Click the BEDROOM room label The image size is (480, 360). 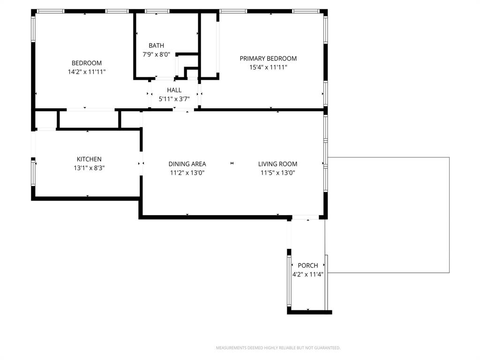86,63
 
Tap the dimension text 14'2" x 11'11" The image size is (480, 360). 86,72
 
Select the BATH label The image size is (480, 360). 157,45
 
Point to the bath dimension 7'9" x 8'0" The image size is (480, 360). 157,54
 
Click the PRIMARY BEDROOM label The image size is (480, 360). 268,59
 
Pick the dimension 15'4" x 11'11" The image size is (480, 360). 268,67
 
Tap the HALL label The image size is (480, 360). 174,90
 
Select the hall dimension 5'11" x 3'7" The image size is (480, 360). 174,99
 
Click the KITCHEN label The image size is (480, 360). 89,159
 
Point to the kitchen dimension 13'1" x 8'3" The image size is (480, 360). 89,168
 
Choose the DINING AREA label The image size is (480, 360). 187,164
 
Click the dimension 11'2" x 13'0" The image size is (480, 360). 187,173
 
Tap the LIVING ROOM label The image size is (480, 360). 277,164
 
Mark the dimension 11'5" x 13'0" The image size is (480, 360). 277,173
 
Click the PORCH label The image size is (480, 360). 308,265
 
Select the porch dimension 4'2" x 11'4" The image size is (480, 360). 308,274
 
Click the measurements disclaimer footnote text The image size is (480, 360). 278,348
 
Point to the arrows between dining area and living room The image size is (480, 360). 232,163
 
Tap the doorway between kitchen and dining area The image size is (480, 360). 141,164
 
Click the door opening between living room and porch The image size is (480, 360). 305,217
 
